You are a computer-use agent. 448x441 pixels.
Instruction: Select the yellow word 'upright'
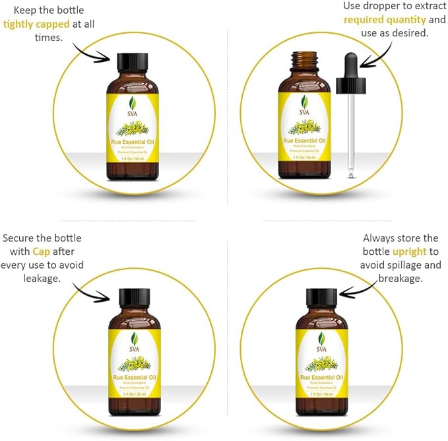(410, 252)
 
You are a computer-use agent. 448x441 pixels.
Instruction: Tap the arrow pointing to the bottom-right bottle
(360, 288)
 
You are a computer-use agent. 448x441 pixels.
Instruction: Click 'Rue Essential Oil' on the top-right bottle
(304, 139)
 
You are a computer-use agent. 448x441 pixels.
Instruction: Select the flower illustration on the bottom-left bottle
(134, 362)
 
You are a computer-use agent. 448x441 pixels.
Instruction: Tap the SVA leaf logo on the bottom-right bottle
(321, 341)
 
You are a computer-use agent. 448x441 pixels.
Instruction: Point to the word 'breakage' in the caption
(399, 279)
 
